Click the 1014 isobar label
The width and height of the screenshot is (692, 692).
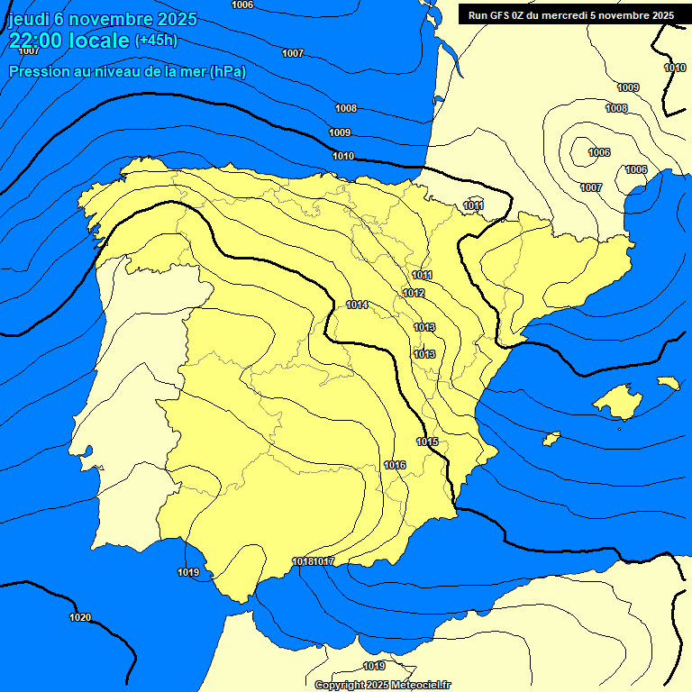(x=357, y=305)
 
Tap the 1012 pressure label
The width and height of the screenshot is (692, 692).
(x=414, y=294)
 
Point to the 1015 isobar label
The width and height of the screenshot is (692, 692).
(x=427, y=442)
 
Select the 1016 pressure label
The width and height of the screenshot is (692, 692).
(x=395, y=465)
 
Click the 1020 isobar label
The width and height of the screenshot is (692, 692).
(x=80, y=617)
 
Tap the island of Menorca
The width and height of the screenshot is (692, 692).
(x=668, y=383)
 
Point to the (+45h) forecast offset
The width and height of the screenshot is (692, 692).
(x=156, y=41)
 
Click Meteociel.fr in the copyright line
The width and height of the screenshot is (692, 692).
(x=420, y=686)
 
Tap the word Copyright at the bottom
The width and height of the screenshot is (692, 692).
(x=338, y=686)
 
